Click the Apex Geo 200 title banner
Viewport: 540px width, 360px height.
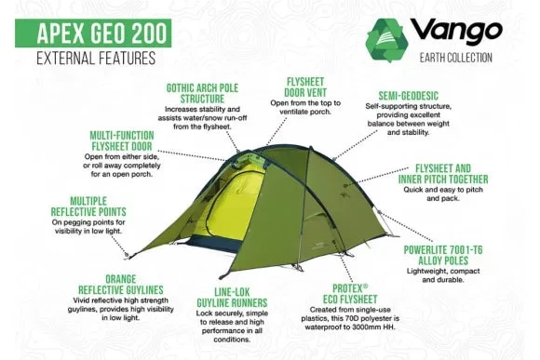[x=97, y=35]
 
